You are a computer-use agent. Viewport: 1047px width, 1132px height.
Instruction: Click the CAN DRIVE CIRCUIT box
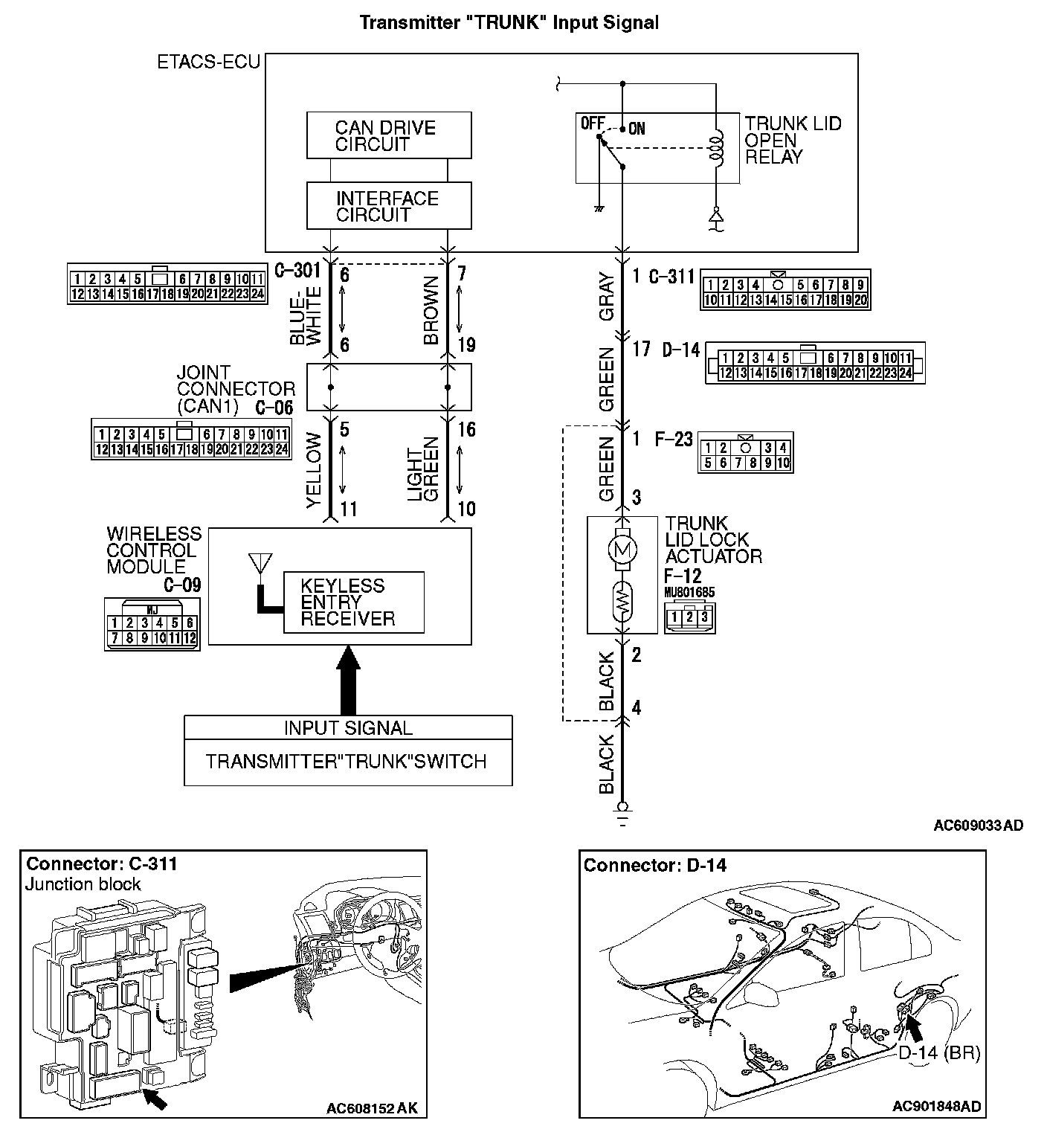coord(389,135)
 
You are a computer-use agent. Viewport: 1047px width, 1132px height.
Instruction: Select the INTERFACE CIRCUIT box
coord(389,206)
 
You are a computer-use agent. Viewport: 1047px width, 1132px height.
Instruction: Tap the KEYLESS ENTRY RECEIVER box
coord(353,602)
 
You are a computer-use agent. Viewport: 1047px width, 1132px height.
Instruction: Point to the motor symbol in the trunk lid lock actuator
coord(622,550)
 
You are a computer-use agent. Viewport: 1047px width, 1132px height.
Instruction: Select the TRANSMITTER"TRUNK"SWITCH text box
coord(347,762)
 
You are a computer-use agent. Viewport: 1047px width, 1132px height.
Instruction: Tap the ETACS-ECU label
coord(208,62)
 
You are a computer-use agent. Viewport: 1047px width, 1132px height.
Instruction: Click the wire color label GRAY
coord(607,297)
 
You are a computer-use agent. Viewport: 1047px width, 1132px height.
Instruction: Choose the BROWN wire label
coord(431,311)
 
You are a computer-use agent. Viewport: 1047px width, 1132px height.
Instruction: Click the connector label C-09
coord(181,585)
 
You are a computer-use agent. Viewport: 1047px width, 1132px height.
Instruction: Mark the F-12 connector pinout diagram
coord(689,617)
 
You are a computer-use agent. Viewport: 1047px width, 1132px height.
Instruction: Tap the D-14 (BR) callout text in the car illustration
coord(938,1052)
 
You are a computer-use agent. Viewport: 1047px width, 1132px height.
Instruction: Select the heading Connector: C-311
coord(102,864)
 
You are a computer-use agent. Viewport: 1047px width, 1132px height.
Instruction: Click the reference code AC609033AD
coord(978,825)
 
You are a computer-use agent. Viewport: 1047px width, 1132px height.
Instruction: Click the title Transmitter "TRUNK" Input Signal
coord(509,22)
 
